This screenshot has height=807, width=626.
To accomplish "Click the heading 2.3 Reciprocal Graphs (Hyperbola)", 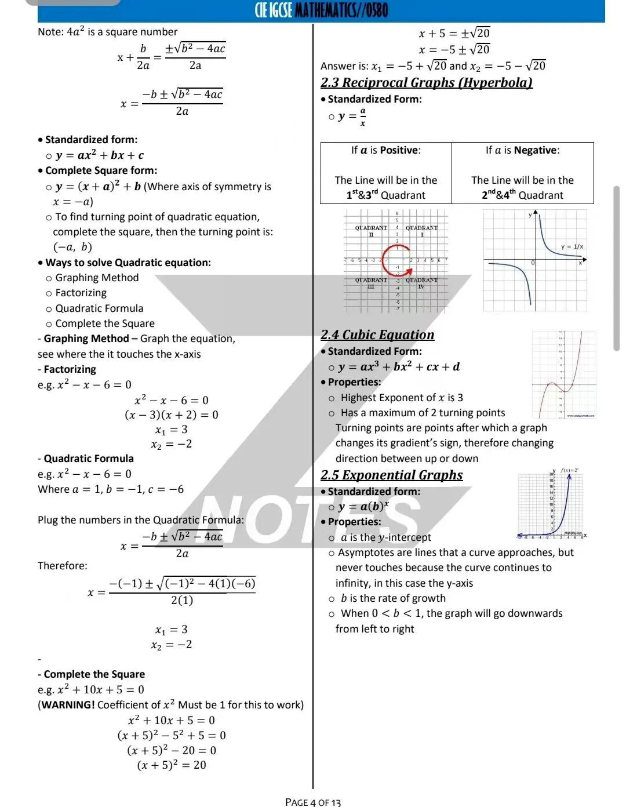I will tap(426, 83).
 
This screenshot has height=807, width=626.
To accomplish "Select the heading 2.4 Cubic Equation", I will tap(377, 335).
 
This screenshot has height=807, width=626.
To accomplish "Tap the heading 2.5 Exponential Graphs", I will tap(392, 475).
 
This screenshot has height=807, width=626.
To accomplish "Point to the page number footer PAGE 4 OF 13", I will tap(313, 802).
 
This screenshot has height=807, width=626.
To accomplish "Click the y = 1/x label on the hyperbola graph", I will tap(572, 247).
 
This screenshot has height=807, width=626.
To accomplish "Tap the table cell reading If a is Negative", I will tap(522, 151).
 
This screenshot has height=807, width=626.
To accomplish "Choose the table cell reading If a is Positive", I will tap(386, 151).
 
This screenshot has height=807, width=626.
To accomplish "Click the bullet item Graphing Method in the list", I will tap(97, 278).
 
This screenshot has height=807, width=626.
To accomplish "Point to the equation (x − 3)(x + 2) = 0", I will tap(172, 415).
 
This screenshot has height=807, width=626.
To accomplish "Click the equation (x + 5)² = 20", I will tap(172, 765).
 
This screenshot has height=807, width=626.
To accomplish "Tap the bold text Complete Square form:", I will tap(101, 170).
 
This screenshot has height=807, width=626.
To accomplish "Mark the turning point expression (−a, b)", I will tap(72, 247).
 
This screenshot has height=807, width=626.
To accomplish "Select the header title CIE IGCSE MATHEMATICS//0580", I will tap(321, 10).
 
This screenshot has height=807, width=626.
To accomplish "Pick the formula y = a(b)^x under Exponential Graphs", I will tap(363, 507).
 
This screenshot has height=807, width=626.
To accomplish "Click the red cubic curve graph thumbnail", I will tap(564, 375).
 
